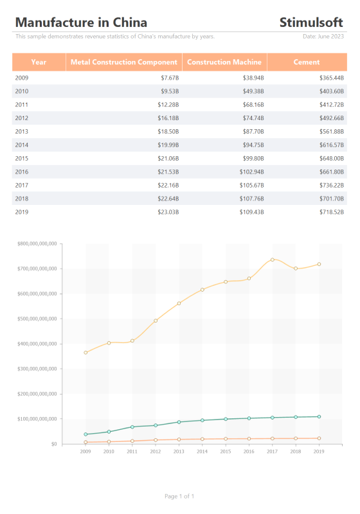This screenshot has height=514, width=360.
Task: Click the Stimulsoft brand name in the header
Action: (x=310, y=22)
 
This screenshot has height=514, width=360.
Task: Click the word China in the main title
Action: (x=130, y=22)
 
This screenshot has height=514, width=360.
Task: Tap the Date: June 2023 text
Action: (x=323, y=37)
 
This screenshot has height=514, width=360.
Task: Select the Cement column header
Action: (x=307, y=62)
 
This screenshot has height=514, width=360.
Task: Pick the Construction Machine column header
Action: (x=224, y=62)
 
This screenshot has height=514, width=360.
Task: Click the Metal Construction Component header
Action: (x=124, y=62)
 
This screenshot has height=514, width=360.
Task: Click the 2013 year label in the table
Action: (x=22, y=132)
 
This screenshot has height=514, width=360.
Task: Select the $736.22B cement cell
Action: (x=332, y=185)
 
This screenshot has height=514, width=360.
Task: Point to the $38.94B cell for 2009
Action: (x=253, y=78)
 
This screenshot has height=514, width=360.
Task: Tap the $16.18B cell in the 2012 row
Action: (x=168, y=118)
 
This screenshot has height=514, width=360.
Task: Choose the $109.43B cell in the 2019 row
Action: (x=251, y=212)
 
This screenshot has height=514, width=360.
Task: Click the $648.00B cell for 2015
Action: (x=332, y=158)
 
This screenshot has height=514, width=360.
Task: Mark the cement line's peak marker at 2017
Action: (x=273, y=260)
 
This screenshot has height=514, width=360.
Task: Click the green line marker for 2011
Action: (x=132, y=427)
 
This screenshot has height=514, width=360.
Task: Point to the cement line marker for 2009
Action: (x=85, y=352)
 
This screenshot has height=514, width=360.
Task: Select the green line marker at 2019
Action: (x=319, y=416)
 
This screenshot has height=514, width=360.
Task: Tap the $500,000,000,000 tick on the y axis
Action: (x=37, y=319)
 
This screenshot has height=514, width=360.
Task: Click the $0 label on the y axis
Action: (x=54, y=444)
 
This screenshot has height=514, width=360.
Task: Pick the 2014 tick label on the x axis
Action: (x=202, y=452)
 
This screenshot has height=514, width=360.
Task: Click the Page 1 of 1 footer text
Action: (x=179, y=496)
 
